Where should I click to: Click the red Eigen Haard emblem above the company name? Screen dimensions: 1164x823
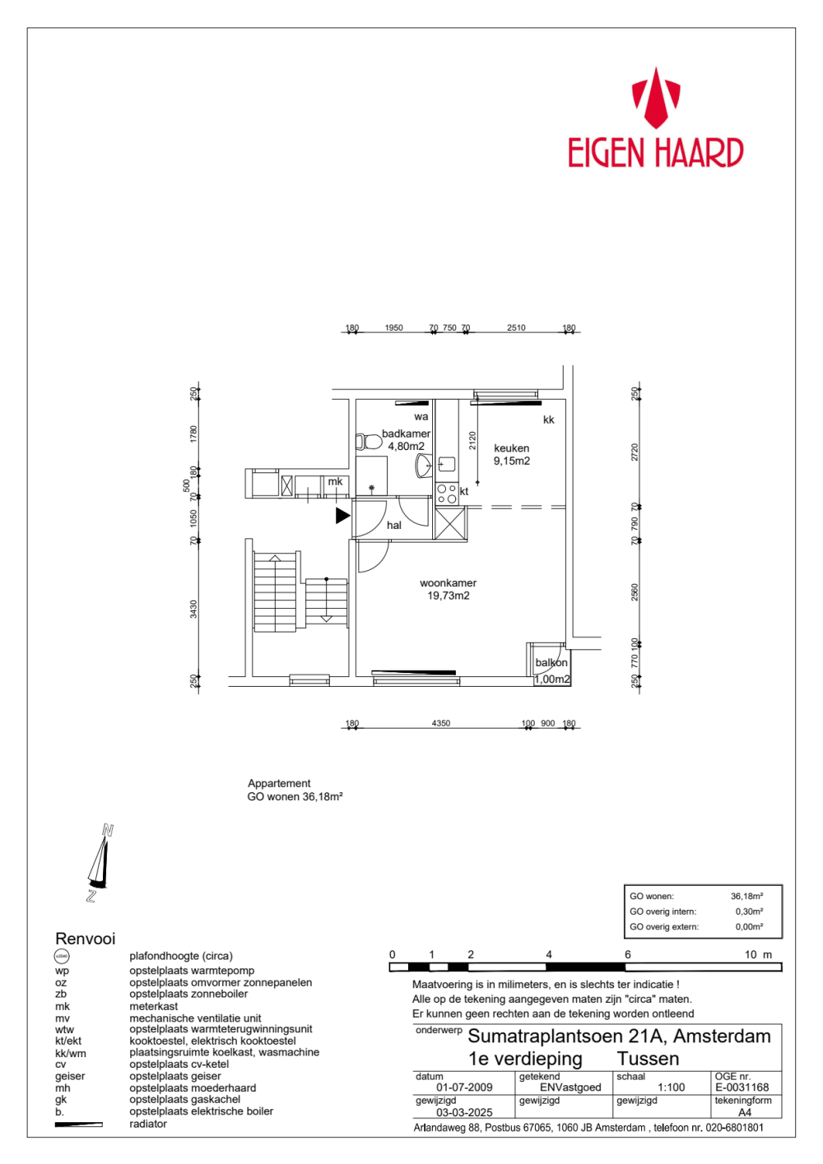click(x=655, y=98)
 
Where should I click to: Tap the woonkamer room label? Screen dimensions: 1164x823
click(x=448, y=583)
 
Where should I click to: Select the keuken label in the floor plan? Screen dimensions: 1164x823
click(x=511, y=448)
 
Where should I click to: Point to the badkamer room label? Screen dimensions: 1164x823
click(x=406, y=434)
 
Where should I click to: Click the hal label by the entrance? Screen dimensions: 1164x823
click(x=394, y=526)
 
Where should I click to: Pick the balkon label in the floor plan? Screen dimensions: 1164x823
click(x=551, y=663)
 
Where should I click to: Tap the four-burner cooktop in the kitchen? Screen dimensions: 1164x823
click(x=446, y=494)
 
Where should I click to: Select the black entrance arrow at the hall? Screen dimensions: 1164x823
click(x=342, y=516)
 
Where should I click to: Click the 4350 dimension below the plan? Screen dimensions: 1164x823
click(x=441, y=724)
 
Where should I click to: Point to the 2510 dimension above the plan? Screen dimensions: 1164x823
click(x=516, y=328)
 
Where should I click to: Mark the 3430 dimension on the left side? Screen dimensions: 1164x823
click(x=194, y=610)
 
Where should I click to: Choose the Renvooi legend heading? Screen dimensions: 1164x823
click(x=85, y=939)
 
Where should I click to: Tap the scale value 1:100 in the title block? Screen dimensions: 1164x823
click(x=671, y=1087)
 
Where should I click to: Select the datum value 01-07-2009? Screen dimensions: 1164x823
click(x=464, y=1087)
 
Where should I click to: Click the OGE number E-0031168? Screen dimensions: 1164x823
click(x=742, y=1087)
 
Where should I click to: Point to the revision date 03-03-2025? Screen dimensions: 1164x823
click(x=464, y=1112)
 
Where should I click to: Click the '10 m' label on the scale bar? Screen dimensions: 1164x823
click(x=758, y=955)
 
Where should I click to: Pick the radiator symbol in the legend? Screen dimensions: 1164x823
click(x=78, y=1125)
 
